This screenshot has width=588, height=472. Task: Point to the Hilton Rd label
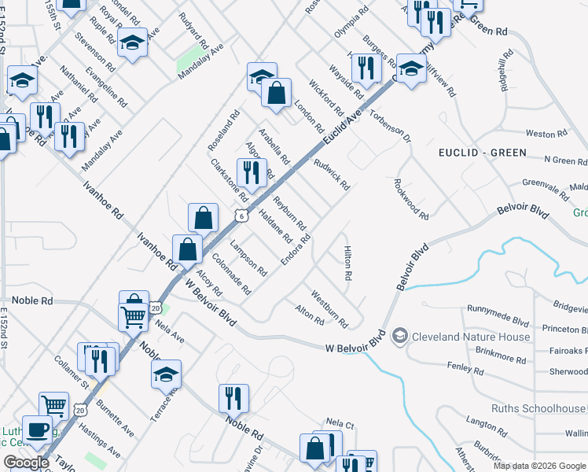pos(347,264)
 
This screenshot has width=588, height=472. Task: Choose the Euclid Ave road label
pos(341,128)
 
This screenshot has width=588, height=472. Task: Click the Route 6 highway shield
pos(241,215)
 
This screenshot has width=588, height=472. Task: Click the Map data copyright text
pos(538,466)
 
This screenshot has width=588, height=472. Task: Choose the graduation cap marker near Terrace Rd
pos(166,374)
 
